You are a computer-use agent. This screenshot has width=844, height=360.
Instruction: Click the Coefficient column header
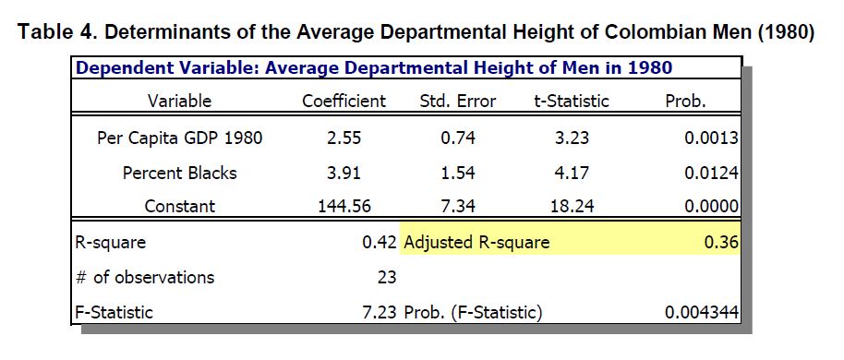point(344,102)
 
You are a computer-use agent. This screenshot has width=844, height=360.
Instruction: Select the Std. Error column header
point(457,102)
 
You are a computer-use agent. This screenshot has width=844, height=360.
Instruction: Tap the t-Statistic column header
point(571,102)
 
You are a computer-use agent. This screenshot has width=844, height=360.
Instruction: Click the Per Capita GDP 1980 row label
point(180,138)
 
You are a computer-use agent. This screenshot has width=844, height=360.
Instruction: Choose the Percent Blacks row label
point(180,173)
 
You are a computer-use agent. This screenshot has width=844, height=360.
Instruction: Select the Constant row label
point(180,207)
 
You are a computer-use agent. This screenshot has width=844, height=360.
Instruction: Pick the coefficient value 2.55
point(344,138)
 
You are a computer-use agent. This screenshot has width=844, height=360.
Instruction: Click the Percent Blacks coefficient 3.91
point(344,174)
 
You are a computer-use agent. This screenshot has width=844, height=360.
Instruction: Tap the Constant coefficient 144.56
point(344,207)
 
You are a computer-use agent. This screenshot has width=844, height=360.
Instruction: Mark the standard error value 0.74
point(457,138)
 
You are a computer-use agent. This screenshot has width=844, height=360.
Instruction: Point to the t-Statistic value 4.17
point(571,174)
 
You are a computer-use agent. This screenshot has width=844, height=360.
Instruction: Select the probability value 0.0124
point(711,174)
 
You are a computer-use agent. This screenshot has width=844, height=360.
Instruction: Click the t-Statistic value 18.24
point(571,207)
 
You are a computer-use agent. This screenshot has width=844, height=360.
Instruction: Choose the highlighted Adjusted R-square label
point(476,243)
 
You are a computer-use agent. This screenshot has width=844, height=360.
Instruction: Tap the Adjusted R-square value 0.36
point(721,243)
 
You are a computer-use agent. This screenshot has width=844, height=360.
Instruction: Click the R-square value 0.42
point(380,243)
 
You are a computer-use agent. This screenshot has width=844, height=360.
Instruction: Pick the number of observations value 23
point(387,277)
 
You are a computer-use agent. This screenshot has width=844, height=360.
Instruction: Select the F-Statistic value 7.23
point(380,312)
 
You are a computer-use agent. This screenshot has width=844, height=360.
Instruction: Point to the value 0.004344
point(702,312)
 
